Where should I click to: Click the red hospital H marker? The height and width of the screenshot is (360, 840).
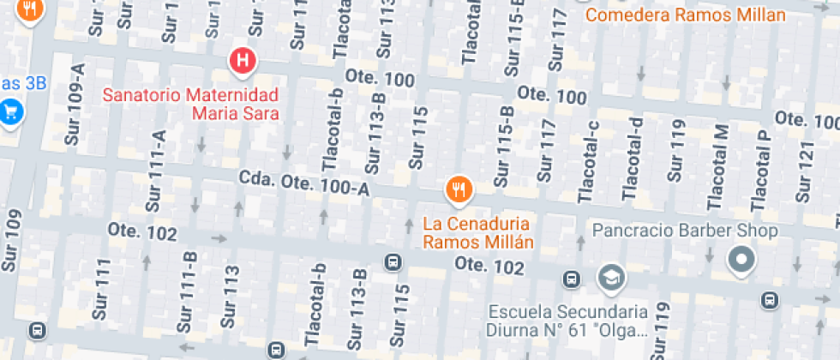click(x=243, y=61)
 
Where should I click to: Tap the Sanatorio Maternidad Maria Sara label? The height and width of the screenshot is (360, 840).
click(x=191, y=103)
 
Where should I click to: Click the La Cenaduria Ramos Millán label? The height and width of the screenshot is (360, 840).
click(x=478, y=232)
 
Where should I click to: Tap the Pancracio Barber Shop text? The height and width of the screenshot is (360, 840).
click(x=686, y=231)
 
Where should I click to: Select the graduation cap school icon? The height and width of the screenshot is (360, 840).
click(x=612, y=277)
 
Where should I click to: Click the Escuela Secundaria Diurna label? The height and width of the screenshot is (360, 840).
click(x=580, y=319)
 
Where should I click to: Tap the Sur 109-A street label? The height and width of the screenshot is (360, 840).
click(x=76, y=104)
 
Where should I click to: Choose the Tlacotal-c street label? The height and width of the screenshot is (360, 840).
click(x=591, y=163)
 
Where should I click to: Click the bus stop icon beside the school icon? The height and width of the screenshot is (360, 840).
click(x=571, y=279)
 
